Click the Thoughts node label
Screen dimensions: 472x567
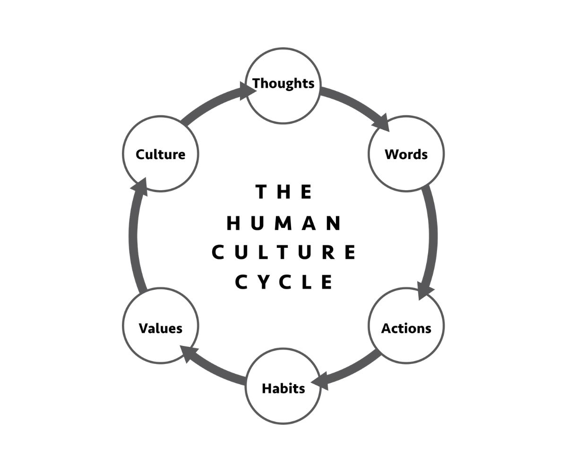(283, 84)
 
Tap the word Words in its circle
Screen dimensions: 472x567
(406, 154)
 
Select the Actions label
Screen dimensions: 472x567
(406, 328)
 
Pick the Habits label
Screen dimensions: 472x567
(283, 388)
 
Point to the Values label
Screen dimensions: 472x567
(161, 328)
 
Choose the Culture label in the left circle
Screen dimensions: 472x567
(161, 154)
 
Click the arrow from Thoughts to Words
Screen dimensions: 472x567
(352, 104)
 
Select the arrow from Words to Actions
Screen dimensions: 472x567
(432, 236)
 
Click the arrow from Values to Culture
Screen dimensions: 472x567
(134, 236)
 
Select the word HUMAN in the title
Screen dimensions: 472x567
(284, 223)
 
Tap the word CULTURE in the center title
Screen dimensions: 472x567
(283, 253)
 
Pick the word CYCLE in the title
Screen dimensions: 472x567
(284, 282)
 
